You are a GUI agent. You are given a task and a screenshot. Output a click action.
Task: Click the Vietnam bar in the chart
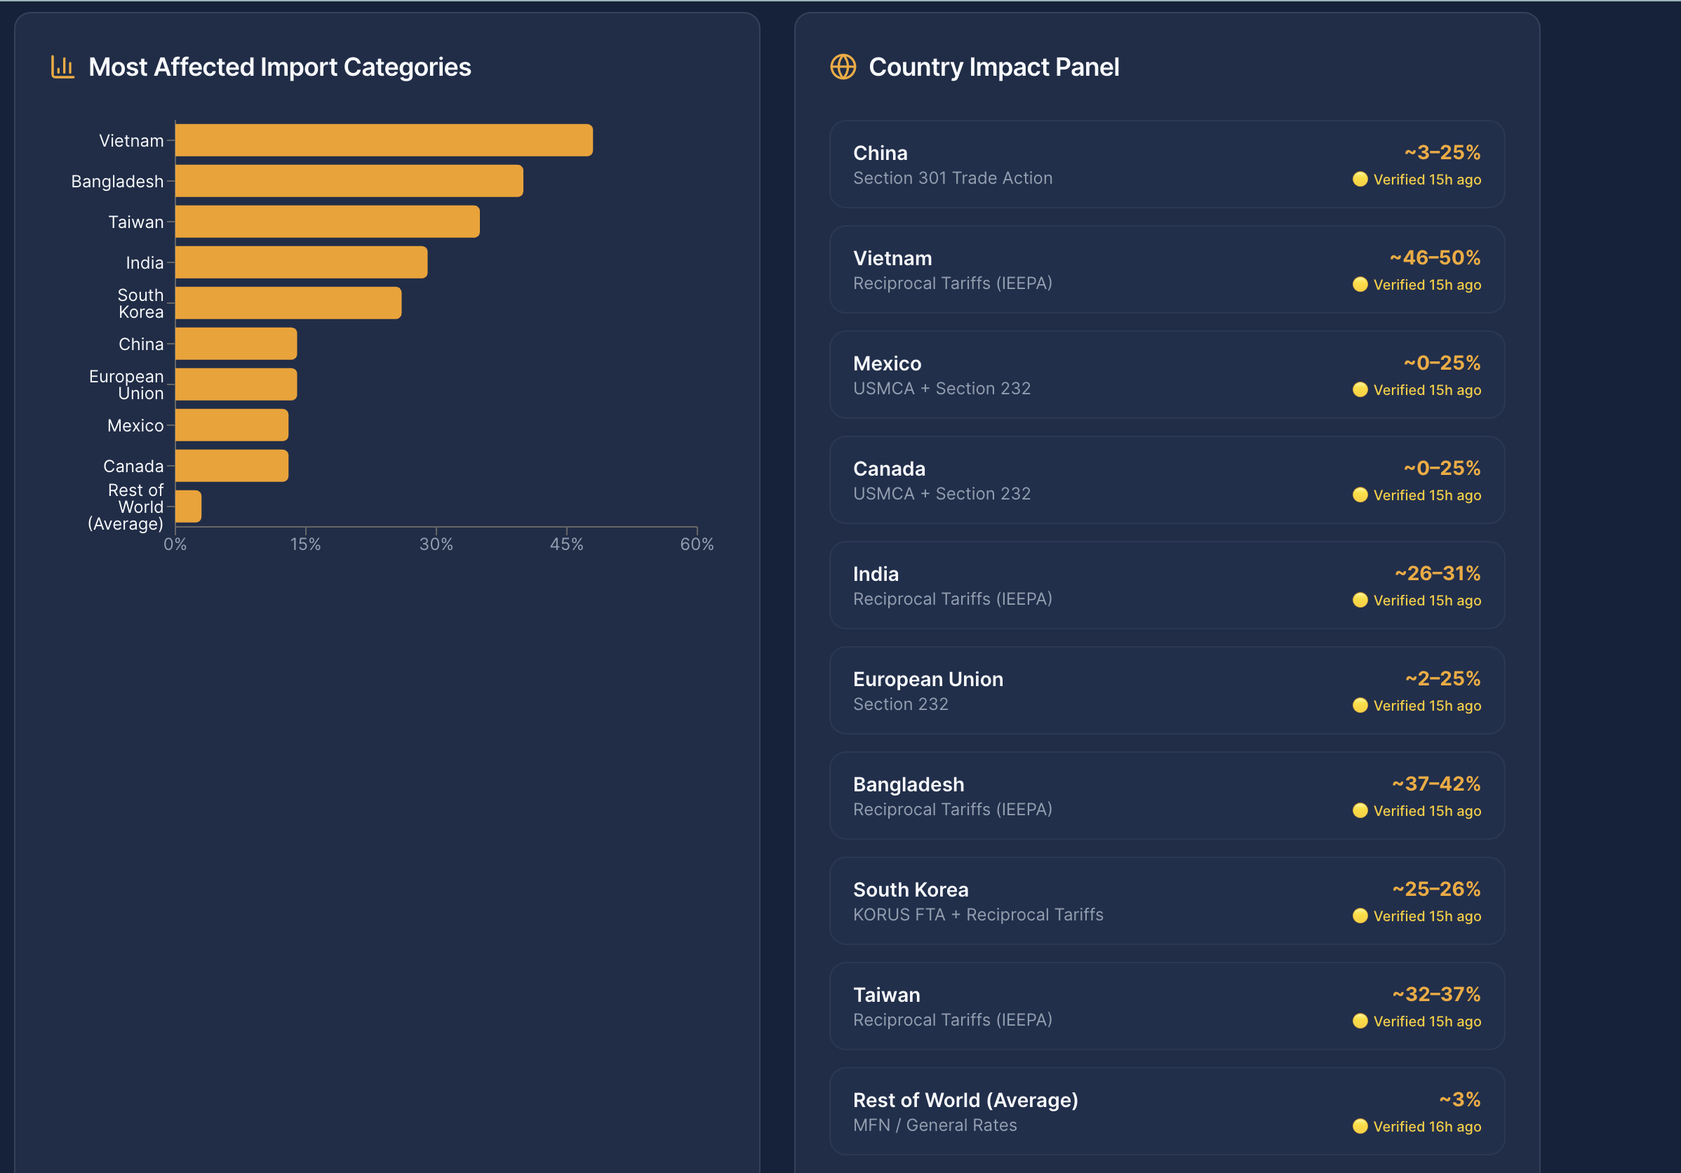point(384,140)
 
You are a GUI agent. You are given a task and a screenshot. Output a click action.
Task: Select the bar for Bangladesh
point(349,181)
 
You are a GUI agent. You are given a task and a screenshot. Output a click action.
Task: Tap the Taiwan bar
point(327,221)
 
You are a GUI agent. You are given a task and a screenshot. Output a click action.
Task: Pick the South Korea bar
point(288,303)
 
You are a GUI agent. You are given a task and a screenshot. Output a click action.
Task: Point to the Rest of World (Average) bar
point(188,507)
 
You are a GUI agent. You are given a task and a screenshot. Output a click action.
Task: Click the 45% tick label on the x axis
point(566,544)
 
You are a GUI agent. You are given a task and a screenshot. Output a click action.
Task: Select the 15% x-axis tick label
point(305,544)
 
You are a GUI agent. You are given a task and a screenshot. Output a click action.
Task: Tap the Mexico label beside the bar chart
point(135,425)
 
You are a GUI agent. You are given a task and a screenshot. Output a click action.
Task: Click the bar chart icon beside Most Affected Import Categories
point(63,67)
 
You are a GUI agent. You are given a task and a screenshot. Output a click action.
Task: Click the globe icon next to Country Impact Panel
point(843,67)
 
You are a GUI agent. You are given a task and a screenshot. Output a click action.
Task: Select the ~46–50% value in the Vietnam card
point(1434,257)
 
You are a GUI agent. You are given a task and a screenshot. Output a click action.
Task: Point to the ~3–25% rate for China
point(1442,152)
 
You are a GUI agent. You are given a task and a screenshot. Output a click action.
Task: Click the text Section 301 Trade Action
point(952,178)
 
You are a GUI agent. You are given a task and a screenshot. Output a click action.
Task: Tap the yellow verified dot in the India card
point(1360,601)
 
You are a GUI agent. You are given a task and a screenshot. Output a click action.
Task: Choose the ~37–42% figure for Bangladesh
point(1435,784)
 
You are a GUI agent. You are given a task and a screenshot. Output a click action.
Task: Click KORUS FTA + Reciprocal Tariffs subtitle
point(977,915)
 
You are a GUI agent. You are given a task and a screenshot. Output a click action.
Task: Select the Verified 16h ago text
point(1426,1126)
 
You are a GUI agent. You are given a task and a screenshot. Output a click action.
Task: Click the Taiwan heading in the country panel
point(886,994)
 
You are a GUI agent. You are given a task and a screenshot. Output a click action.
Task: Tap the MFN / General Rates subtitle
point(935,1125)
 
